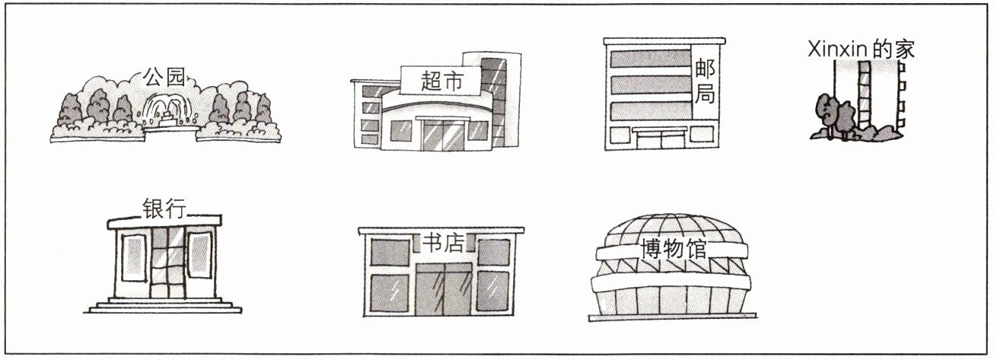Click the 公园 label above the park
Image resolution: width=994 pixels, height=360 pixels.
pos(164,76)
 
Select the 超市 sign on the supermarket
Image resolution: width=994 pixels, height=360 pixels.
pos(441,79)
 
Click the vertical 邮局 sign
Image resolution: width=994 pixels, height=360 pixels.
pos(705,86)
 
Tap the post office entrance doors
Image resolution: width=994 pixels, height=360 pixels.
pos(660,139)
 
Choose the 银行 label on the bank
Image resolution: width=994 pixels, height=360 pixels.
pos(164,208)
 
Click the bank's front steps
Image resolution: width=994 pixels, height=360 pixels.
pos(164,306)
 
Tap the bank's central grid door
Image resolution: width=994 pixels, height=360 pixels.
pos(164,263)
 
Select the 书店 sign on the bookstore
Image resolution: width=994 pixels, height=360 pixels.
pos(442,243)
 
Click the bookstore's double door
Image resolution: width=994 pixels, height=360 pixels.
pos(442,289)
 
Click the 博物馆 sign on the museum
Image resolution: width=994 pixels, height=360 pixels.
pos(674,250)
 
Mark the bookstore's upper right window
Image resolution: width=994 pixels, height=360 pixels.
pos(493,250)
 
